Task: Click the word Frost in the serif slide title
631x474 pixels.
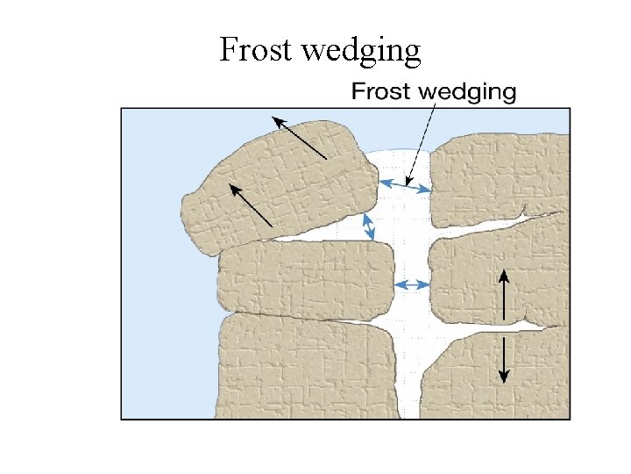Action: (x=255, y=50)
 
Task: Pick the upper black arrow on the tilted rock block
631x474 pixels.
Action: (x=298, y=137)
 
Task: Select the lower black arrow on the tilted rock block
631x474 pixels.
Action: (x=251, y=205)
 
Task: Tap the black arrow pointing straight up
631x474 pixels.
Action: (x=503, y=295)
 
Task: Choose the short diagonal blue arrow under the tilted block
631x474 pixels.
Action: (x=369, y=226)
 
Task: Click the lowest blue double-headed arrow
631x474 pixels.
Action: (x=411, y=284)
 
